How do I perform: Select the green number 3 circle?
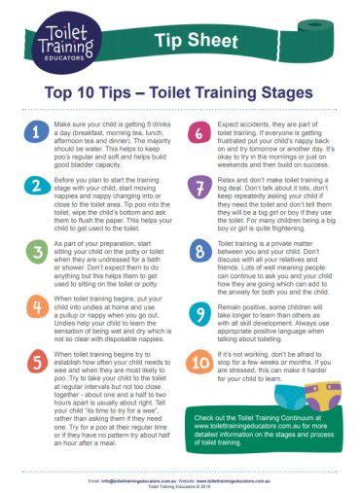(35, 251)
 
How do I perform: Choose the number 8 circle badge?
(200, 251)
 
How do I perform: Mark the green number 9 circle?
(200, 314)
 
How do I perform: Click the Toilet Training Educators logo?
(67, 42)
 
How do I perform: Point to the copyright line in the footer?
(180, 485)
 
